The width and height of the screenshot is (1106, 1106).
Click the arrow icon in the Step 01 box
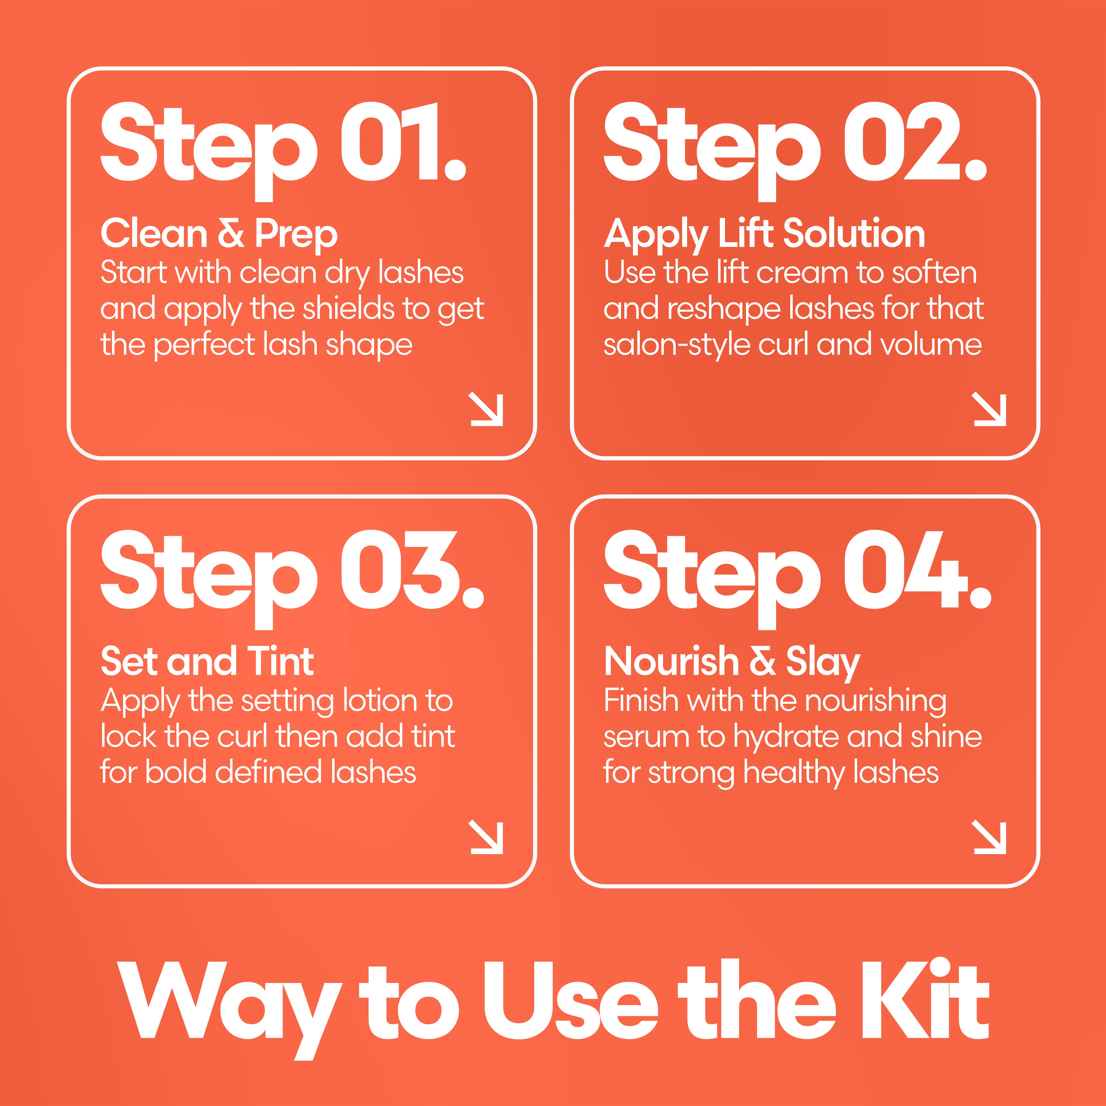pos(486,409)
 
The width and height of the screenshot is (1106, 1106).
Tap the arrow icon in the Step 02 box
pos(989,409)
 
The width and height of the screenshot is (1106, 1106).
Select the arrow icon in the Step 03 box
pos(486,837)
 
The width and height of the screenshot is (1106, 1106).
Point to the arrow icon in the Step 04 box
pos(989,837)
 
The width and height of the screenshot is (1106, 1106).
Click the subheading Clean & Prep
pos(219,235)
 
